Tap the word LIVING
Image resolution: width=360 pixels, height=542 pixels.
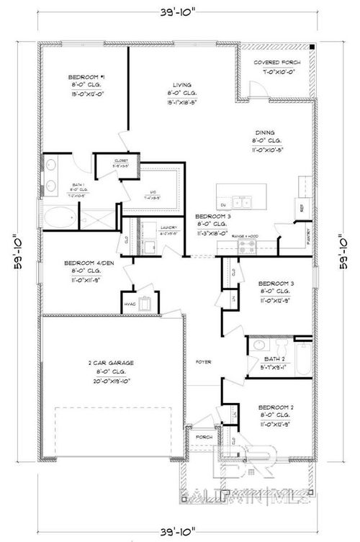point(172,83)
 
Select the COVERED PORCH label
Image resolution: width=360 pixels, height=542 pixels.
point(276,63)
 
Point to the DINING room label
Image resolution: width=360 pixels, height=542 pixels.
point(264,132)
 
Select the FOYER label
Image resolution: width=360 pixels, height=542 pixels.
point(203,362)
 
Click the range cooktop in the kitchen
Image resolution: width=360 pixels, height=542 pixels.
point(246,247)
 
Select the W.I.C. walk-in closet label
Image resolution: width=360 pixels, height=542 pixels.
point(150,191)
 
